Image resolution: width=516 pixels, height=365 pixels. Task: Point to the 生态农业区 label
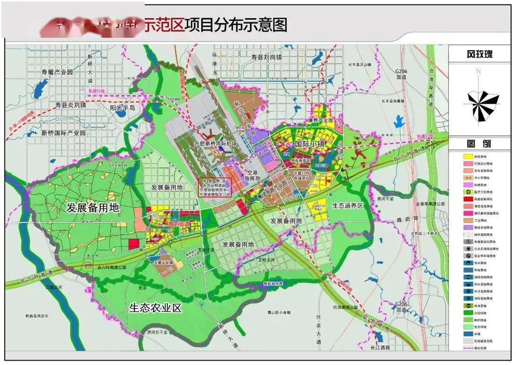click(x=155, y=308)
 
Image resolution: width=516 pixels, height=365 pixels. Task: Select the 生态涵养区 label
click(x=348, y=205)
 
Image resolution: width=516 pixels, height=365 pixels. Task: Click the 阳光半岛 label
click(x=123, y=109)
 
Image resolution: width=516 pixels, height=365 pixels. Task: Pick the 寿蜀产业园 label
click(x=57, y=72)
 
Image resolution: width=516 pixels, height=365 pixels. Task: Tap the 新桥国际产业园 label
click(x=63, y=133)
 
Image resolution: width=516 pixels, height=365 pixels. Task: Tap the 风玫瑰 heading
click(x=479, y=54)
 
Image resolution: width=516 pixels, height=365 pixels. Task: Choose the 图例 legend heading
click(x=479, y=143)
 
